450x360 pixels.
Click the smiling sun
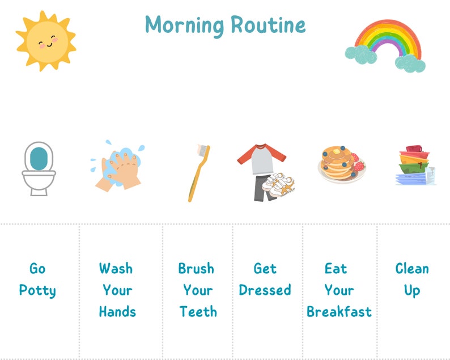[45, 41]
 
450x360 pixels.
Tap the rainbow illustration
[386, 45]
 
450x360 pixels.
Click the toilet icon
[39, 168]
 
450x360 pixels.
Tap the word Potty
[37, 291]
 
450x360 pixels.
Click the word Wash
[116, 268]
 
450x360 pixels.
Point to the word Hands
[117, 311]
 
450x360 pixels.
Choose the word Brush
[196, 268]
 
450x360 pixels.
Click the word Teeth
[198, 311]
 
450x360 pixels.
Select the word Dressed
[265, 290]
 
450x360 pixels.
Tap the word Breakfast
[339, 312]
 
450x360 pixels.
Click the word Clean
[412, 268]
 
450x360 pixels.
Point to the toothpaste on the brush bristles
[202, 149]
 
